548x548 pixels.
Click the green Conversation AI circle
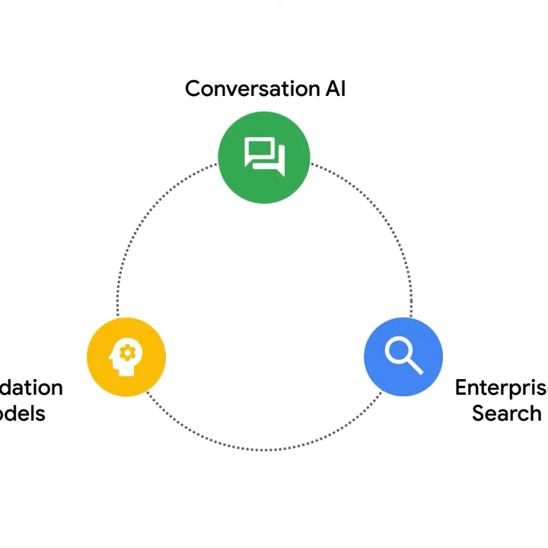[264, 158]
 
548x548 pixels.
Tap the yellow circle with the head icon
[126, 357]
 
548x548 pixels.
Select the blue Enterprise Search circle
[403, 357]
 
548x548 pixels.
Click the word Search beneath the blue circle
[506, 413]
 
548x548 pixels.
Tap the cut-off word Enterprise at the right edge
[501, 387]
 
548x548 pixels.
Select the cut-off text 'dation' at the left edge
[31, 387]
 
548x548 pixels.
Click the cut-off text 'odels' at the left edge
[23, 413]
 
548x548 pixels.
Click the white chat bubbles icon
[264, 155]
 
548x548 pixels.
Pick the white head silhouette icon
[126, 357]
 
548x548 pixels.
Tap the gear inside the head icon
[128, 352]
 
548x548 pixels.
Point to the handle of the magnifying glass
[415, 367]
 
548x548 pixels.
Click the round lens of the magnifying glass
[398, 350]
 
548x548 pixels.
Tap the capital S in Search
[478, 413]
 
